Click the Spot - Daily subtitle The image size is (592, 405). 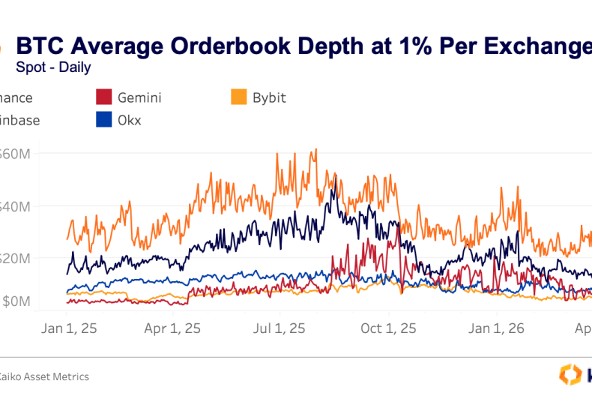(x=53, y=67)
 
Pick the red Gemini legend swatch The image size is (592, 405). (x=104, y=97)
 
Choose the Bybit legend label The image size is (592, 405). (x=269, y=97)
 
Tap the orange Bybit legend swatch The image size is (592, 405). (x=239, y=97)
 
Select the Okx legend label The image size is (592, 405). (x=130, y=120)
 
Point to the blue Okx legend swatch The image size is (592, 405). (x=104, y=120)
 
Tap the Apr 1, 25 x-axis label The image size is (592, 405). (x=172, y=328)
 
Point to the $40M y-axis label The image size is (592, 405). (x=13, y=206)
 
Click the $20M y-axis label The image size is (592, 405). (x=13, y=258)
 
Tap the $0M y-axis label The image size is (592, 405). (x=15, y=301)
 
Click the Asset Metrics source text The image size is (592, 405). (x=52, y=376)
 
